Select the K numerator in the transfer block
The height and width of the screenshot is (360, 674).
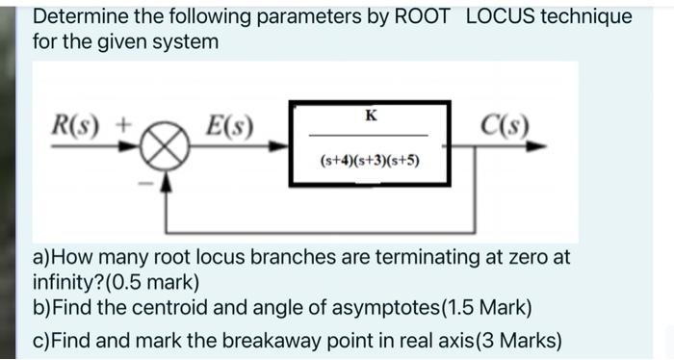(373, 116)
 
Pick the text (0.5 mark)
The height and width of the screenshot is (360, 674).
(151, 283)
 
